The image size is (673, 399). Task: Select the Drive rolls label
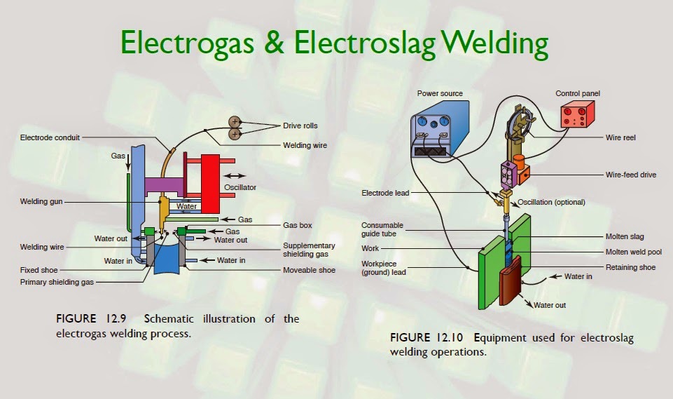(x=300, y=126)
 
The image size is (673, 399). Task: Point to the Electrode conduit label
(x=50, y=138)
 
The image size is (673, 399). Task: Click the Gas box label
(x=298, y=226)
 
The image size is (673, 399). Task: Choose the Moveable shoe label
(x=309, y=270)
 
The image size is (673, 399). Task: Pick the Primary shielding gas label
(x=57, y=283)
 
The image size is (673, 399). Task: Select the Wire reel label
(x=621, y=138)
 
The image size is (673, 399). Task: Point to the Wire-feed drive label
(x=631, y=175)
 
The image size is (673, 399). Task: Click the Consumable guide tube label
(x=382, y=230)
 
